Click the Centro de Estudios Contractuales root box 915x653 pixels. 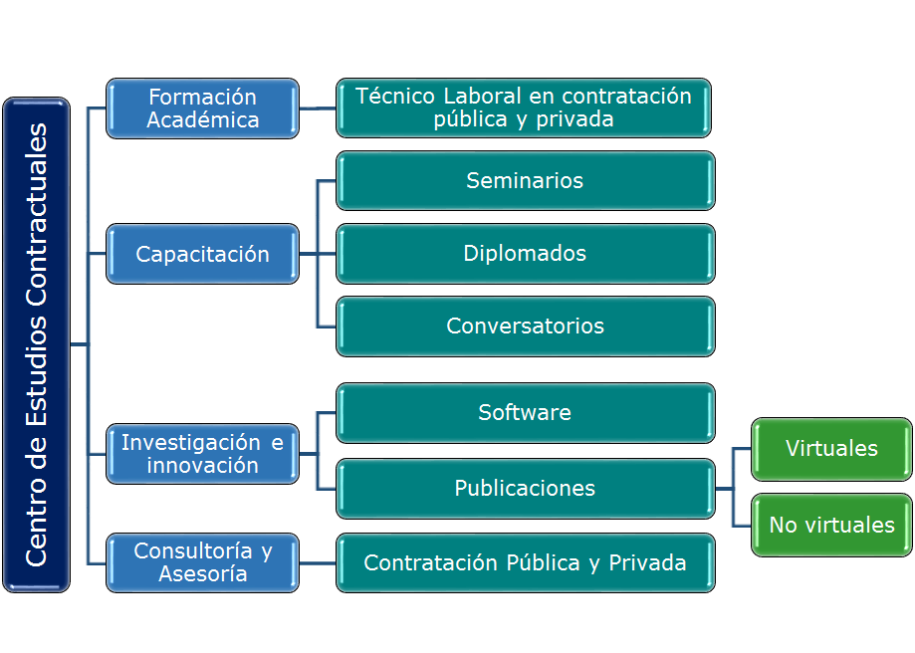pyautogui.click(x=37, y=344)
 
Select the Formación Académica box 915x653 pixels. pyautogui.click(x=202, y=108)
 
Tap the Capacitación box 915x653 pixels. pyautogui.click(x=202, y=254)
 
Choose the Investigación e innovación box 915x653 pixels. pyautogui.click(x=202, y=453)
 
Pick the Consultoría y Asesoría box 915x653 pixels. pyautogui.click(x=202, y=562)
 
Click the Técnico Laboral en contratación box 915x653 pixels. pyautogui.click(x=524, y=108)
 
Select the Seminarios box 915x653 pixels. pyautogui.click(x=525, y=180)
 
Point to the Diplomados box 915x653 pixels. pyautogui.click(x=525, y=253)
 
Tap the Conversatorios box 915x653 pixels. pyautogui.click(x=525, y=326)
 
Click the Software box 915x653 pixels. pyautogui.click(x=525, y=412)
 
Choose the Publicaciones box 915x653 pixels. pyautogui.click(x=525, y=488)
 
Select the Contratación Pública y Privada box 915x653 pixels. pyautogui.click(x=525, y=562)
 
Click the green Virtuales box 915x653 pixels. pyautogui.click(x=831, y=448)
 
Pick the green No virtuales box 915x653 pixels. pyautogui.click(x=831, y=525)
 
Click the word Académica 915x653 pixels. pyautogui.click(x=203, y=119)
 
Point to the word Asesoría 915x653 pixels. pyautogui.click(x=203, y=574)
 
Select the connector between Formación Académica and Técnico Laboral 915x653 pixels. pyautogui.click(x=318, y=108)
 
